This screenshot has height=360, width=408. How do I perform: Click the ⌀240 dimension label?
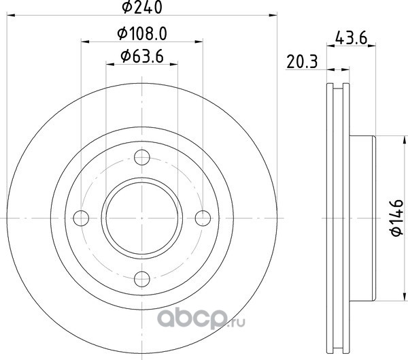click(142, 7)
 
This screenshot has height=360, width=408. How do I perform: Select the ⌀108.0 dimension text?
click(142, 34)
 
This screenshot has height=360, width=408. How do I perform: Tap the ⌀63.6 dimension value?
click(142, 56)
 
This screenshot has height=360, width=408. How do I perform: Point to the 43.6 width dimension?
click(351, 38)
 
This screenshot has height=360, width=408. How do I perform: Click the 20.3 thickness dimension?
click(302, 62)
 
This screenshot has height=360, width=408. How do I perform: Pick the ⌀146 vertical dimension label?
click(397, 218)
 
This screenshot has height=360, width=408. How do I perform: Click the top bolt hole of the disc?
click(142, 157)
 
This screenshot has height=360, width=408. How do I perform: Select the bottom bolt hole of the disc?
click(142, 279)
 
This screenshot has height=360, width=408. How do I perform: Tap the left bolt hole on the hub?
click(81, 218)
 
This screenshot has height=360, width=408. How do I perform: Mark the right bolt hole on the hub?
click(203, 218)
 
